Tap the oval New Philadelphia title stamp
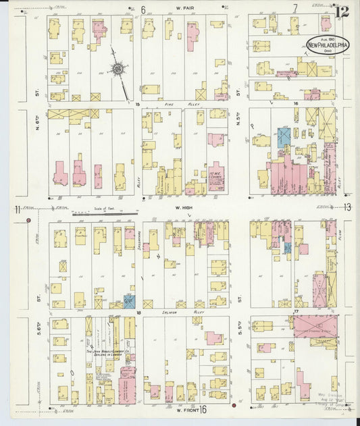point(328,45)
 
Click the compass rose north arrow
point(119,69)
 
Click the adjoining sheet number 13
point(347,208)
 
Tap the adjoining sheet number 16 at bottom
point(202,409)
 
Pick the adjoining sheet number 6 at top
point(143,9)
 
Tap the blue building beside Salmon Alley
point(129,302)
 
